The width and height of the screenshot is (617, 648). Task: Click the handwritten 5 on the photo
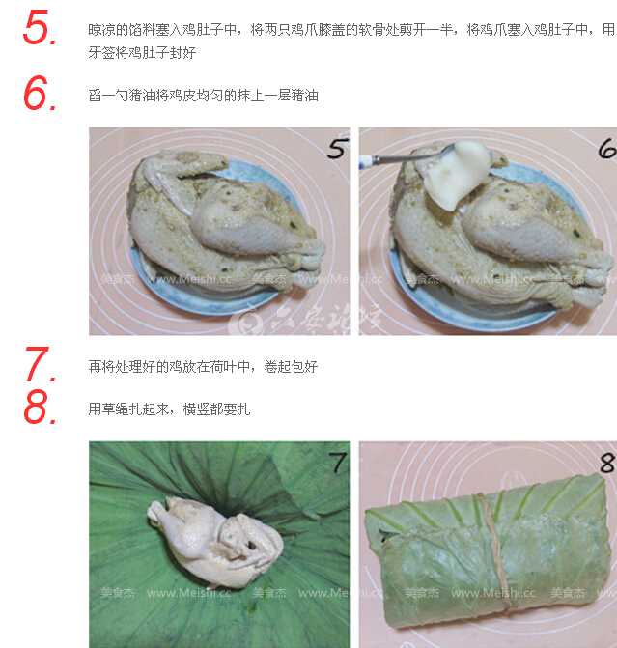click(x=338, y=149)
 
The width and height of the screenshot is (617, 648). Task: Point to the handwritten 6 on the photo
click(x=607, y=149)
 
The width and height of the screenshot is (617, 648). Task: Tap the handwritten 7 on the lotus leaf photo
click(x=338, y=462)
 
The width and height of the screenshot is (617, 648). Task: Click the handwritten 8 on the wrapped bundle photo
click(x=607, y=463)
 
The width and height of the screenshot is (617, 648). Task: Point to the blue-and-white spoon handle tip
click(x=361, y=162)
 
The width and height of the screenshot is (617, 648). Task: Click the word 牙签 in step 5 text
click(x=101, y=52)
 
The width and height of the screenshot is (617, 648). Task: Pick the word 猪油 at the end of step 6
click(x=305, y=96)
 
